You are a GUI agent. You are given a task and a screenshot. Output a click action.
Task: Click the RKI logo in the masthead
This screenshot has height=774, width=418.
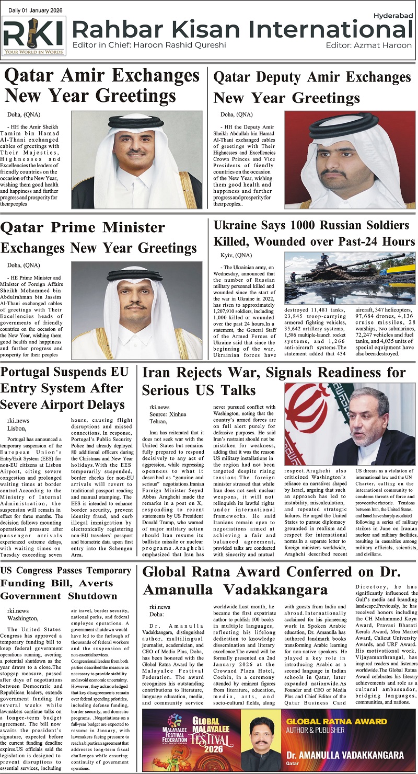34,34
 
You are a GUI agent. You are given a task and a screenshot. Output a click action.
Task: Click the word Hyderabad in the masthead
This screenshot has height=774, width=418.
394,16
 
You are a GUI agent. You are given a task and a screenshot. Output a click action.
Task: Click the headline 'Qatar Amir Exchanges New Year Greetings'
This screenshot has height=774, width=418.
102,86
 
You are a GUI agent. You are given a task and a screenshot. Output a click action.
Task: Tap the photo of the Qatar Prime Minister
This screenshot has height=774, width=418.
137,310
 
